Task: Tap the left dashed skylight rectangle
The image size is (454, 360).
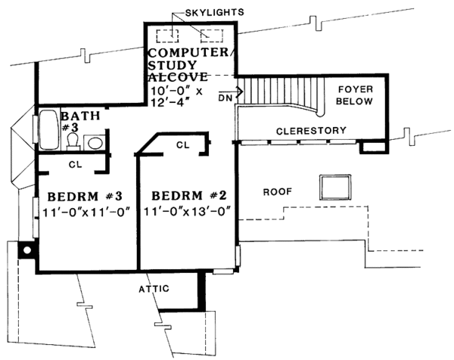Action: pos(165,35)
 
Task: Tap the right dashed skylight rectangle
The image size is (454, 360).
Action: pos(212,35)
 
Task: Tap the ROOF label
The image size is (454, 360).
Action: pos(277,192)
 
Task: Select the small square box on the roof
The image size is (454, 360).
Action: pos(334,185)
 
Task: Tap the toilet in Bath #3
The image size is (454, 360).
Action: pos(73,141)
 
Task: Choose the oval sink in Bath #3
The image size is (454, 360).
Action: pos(95,142)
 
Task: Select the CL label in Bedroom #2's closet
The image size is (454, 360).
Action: pos(182,144)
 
